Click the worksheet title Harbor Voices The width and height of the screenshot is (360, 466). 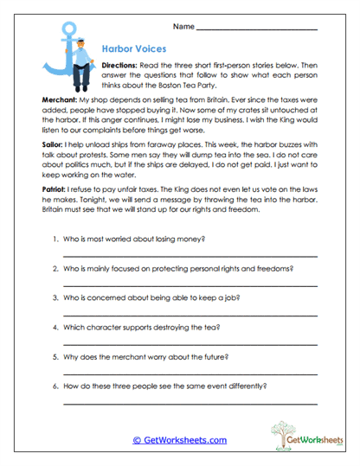[131, 50]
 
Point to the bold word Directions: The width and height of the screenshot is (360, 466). [125, 66]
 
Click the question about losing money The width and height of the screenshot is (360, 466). [139, 238]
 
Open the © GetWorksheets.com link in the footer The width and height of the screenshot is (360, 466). [179, 440]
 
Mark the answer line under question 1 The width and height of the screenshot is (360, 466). [190, 256]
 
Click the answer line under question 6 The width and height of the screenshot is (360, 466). [190, 407]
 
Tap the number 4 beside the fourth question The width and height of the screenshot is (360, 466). [55, 329]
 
